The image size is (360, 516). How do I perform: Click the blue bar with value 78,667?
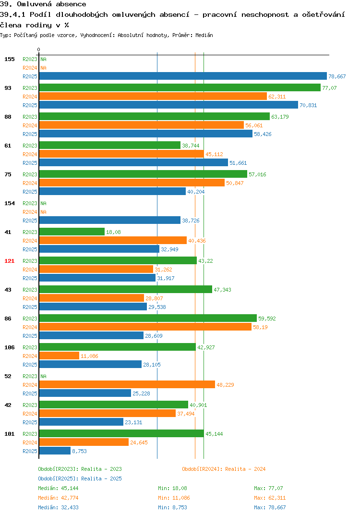tap(183, 76)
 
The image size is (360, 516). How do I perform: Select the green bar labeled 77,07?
tap(180, 87)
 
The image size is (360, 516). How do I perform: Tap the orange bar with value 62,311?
tap(153, 96)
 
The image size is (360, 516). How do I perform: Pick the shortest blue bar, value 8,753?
tap(55, 451)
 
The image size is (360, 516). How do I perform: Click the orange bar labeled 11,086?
tap(59, 356)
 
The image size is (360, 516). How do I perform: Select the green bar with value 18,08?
tap(72, 232)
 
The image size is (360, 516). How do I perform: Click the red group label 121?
tap(10, 261)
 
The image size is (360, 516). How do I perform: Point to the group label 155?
tap(10, 59)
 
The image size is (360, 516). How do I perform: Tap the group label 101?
tap(10, 434)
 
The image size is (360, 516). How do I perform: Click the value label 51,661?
tap(238, 163)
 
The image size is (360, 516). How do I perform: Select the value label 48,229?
tap(225, 385)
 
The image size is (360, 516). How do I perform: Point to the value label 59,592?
tap(267, 319)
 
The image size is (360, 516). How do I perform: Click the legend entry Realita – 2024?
tap(224, 469)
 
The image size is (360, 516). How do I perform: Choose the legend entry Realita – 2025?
tap(80, 479)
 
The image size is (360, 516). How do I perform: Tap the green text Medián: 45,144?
tap(58, 488)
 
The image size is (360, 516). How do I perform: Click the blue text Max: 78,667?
tap(270, 507)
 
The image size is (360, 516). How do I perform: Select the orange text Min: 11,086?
tap(174, 498)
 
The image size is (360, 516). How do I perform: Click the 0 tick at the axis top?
tap(38, 49)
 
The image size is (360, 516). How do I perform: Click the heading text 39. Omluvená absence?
tap(43, 4)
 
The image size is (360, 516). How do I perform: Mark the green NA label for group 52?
tap(43, 376)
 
